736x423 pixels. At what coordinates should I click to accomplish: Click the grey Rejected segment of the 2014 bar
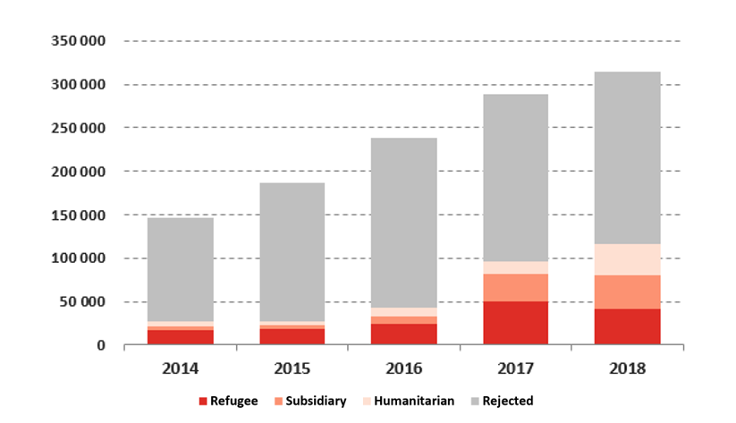[180, 269]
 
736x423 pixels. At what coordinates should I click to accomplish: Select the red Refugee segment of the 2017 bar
[515, 323]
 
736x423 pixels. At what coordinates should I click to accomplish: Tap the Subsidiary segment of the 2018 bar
[627, 292]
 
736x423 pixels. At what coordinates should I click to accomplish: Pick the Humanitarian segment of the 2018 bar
[627, 259]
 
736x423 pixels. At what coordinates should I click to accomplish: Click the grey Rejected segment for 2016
[403, 223]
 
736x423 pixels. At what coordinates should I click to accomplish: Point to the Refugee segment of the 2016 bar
[403, 334]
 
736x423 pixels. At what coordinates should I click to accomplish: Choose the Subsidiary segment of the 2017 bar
[515, 287]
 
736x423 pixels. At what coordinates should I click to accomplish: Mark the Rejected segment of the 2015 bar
[292, 251]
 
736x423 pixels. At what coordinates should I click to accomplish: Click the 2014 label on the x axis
[180, 368]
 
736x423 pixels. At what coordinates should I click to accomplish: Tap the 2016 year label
[403, 368]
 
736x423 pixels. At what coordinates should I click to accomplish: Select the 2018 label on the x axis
[627, 368]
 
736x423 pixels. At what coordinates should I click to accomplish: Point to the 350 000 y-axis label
[80, 41]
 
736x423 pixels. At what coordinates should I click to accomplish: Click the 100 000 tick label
[80, 258]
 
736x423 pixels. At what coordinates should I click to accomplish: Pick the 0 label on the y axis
[101, 345]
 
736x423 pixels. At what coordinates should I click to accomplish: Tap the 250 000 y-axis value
[80, 128]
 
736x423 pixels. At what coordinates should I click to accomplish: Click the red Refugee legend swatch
[202, 402]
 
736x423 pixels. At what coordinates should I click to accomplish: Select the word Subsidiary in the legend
[316, 402]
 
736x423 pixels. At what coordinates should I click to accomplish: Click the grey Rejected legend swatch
[474, 402]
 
